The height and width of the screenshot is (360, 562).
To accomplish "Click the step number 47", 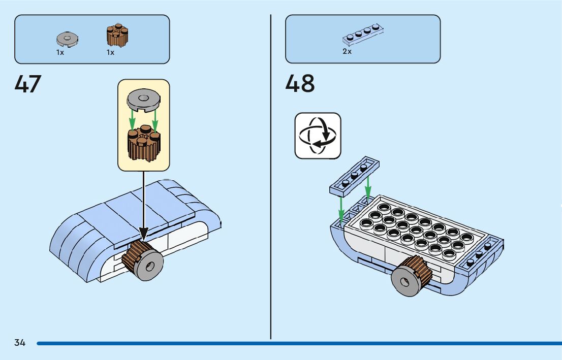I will click(x=28, y=84).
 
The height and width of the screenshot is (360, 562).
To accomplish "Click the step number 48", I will click(x=300, y=84).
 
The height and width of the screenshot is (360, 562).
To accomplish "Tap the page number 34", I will click(x=20, y=343).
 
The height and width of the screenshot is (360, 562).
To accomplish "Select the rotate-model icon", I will click(x=318, y=136).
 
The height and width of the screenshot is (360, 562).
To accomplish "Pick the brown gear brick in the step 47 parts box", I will click(x=117, y=36).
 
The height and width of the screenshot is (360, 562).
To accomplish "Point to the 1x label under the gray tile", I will click(x=60, y=52).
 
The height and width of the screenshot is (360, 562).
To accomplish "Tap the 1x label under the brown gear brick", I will click(x=110, y=52).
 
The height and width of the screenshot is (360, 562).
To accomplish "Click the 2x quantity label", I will click(x=347, y=51).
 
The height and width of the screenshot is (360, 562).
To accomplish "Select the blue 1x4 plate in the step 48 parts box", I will click(x=363, y=34).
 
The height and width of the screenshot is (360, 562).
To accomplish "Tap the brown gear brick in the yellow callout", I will click(x=144, y=144).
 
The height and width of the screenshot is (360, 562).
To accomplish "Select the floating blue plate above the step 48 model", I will click(x=354, y=176).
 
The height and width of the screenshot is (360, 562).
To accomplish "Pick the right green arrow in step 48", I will click(x=368, y=185).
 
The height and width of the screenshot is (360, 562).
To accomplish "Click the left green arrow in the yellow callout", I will click(x=132, y=120).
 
